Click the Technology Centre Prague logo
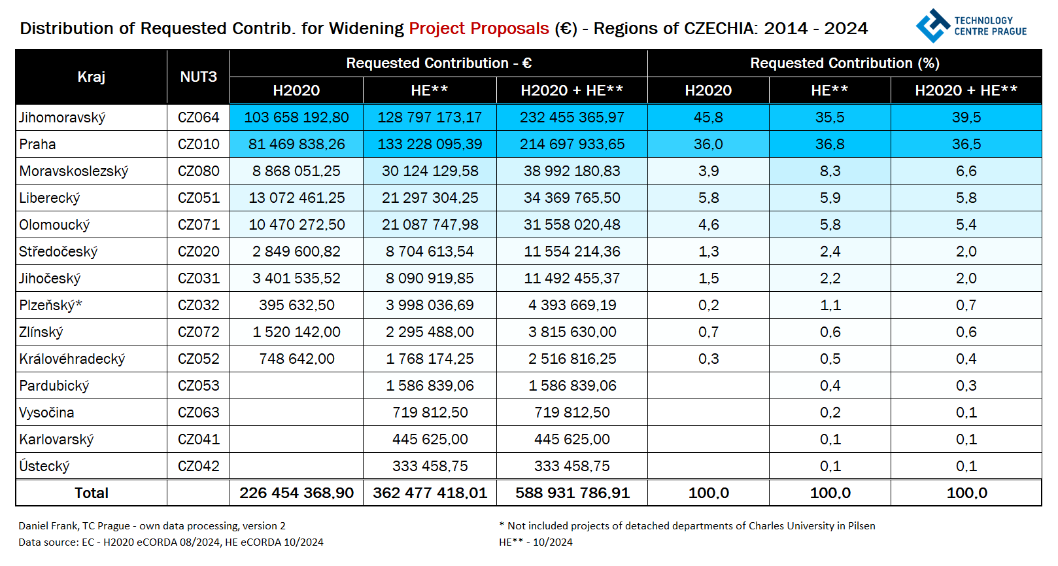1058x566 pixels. point(970,26)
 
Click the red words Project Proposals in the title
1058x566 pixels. point(479,29)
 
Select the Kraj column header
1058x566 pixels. point(91,77)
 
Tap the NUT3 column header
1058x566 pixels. point(198,77)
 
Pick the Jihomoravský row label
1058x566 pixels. point(62,118)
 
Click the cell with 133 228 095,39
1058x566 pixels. point(430,144)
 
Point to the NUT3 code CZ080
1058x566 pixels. point(198,171)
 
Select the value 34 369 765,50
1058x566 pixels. point(572,198)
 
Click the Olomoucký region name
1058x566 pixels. point(54,225)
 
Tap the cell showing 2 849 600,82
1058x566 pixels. point(296,252)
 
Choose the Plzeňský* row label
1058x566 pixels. point(50,306)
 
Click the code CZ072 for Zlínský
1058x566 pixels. point(198,332)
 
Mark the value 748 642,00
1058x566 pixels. point(296,359)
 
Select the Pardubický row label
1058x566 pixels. point(54,386)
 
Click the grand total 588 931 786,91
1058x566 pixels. point(572,493)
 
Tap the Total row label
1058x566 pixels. point(91,493)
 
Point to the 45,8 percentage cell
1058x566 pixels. point(708,118)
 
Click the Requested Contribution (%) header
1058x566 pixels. point(844,63)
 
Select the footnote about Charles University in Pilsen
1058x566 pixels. point(687,526)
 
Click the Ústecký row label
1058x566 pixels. point(44,467)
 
